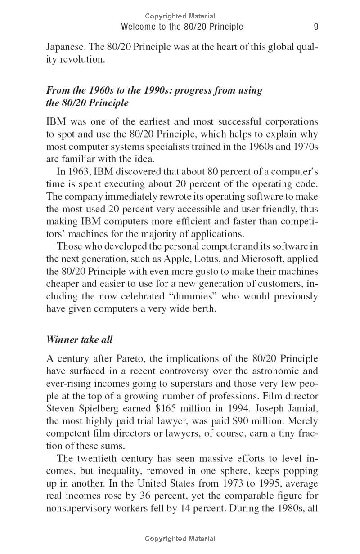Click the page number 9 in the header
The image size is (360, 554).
tap(316, 27)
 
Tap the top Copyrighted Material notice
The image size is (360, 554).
tap(180, 16)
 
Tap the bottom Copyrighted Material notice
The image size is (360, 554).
tap(180, 538)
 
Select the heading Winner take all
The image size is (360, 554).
tap(79, 340)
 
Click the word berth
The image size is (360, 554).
tap(204, 309)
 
